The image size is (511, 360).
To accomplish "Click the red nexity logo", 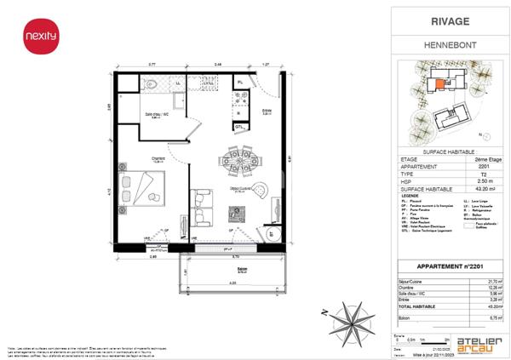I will [x=34, y=37].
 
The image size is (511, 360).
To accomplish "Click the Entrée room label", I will [x=267, y=110].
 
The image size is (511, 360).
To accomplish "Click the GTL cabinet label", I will [x=241, y=128].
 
